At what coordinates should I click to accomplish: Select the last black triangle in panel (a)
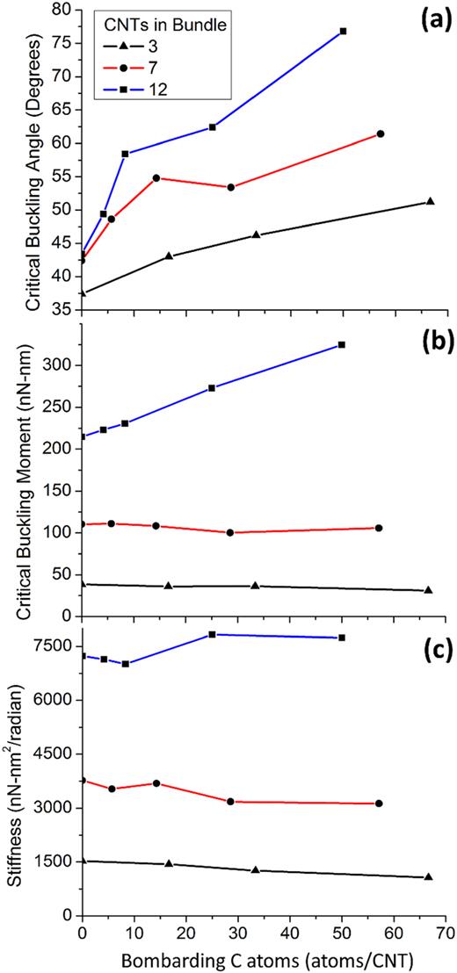[430, 201]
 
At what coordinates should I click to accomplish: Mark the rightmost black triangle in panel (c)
[428, 876]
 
